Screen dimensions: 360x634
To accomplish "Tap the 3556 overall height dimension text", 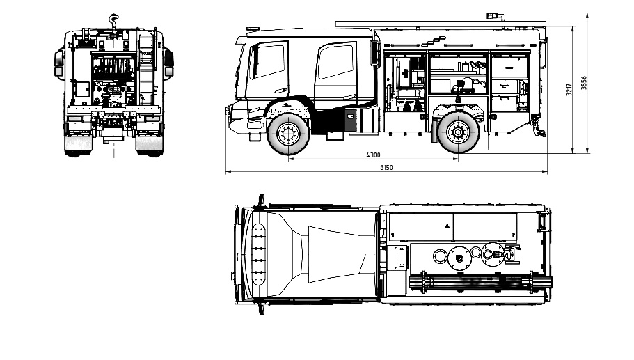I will (585, 82).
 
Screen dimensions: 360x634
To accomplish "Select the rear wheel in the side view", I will (459, 131).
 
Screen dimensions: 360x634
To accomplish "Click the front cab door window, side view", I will (269, 62).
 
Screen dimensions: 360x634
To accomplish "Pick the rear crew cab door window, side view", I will (335, 62).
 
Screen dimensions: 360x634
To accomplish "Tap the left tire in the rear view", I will (77, 143).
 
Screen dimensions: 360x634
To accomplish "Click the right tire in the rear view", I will (148, 143).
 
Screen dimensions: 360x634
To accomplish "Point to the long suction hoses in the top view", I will (480, 283).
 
